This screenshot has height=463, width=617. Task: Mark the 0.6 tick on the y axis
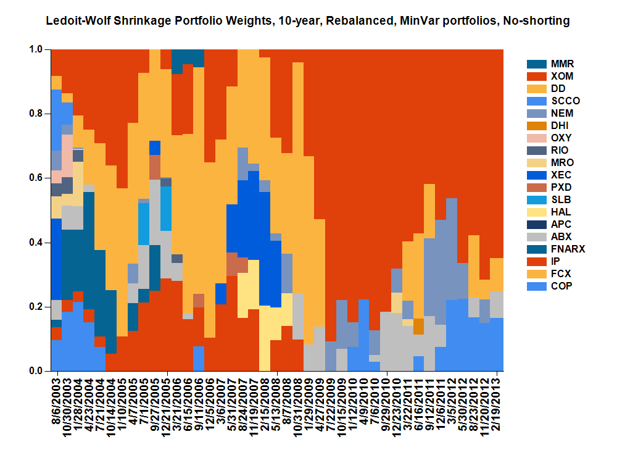pyautogui.click(x=48, y=178)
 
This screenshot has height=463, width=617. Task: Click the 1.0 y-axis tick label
pyautogui.click(x=36, y=49)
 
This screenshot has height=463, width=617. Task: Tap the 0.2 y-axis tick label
pyautogui.click(x=36, y=307)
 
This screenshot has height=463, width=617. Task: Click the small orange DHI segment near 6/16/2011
pyautogui.click(x=418, y=326)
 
